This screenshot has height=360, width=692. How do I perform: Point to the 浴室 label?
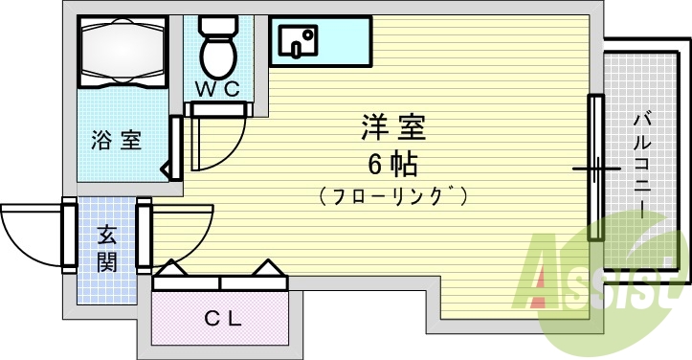117,141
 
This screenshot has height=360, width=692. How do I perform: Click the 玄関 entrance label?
106,248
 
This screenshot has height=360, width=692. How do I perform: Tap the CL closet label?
221,317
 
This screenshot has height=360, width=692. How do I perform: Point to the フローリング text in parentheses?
393,197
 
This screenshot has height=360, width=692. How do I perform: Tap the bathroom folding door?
174,147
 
